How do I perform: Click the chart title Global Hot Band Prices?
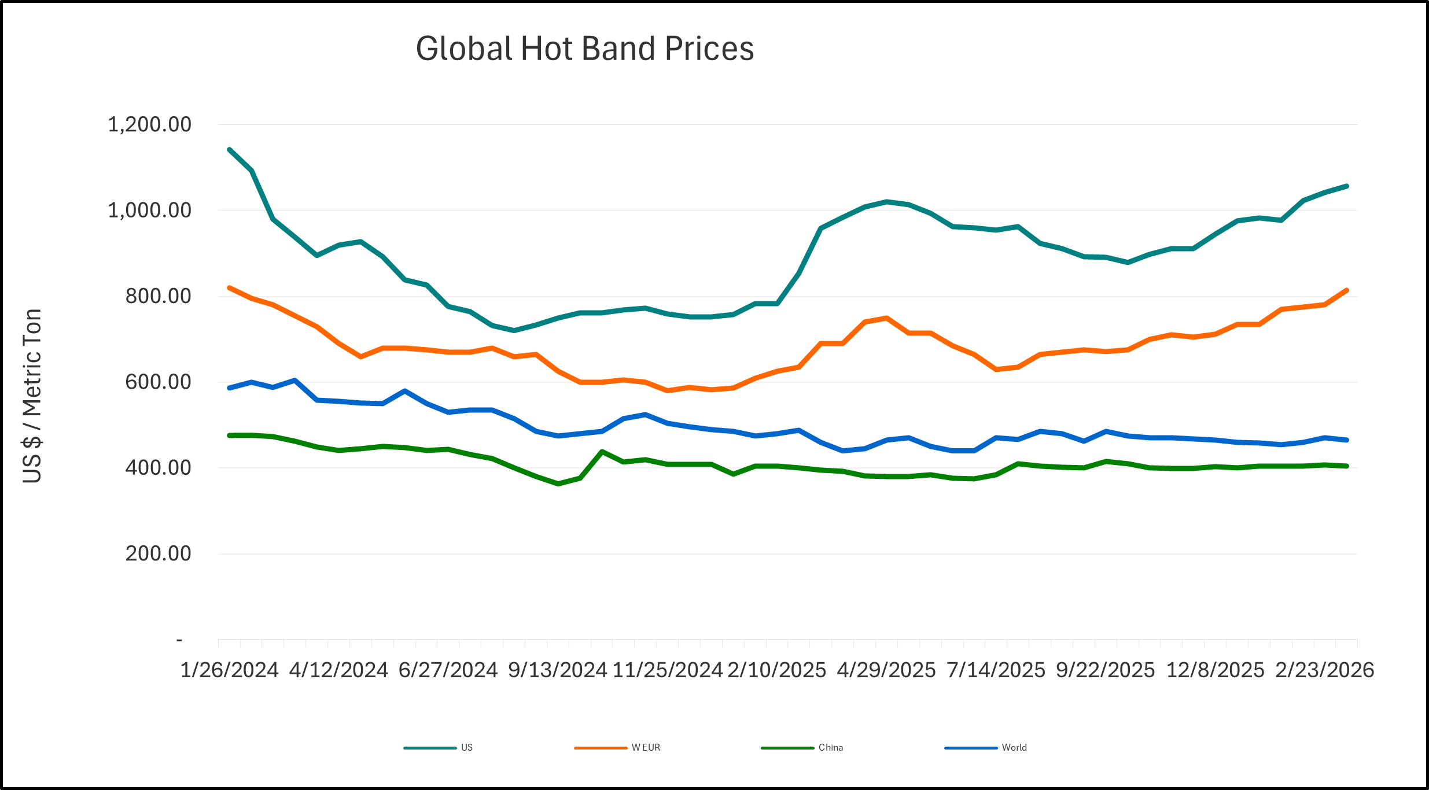tap(585, 49)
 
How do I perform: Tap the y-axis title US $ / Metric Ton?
tap(32, 396)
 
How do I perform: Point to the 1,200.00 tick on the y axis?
tap(149, 124)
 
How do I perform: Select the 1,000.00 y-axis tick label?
tap(149, 210)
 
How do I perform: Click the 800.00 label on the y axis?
tap(158, 296)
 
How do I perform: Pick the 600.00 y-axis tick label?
tap(158, 382)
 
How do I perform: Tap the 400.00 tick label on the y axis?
tap(158, 467)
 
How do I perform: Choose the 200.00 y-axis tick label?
tap(158, 553)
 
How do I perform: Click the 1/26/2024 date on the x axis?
tap(230, 670)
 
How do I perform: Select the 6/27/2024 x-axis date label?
tap(448, 670)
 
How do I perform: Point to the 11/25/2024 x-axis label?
tap(668, 670)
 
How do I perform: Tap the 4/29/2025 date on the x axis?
tap(886, 670)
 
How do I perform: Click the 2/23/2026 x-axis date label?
tap(1325, 670)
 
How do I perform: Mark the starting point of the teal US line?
tap(230, 150)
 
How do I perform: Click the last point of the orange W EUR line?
tap(1347, 290)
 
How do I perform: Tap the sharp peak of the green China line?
tap(602, 452)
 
